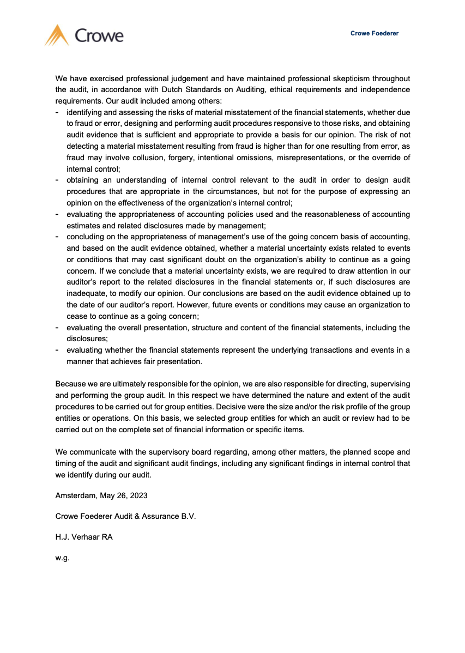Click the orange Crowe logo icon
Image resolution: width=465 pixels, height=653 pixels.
coord(57,35)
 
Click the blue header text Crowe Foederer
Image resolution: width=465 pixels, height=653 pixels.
coord(374,33)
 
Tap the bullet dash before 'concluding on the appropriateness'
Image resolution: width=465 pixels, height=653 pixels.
coord(57,237)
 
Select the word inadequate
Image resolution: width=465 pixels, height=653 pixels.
coord(86,294)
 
